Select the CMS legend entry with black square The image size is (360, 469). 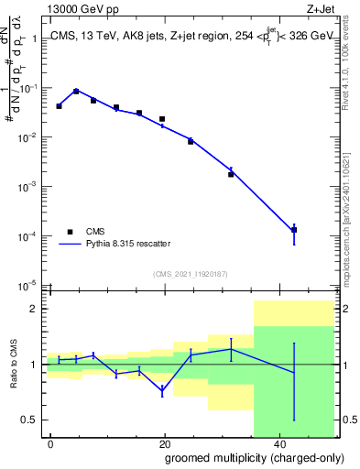(x=71, y=232)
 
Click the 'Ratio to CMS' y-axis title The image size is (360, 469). (x=14, y=365)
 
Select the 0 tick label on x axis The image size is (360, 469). (x=50, y=442)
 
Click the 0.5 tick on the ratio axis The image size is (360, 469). (x=33, y=420)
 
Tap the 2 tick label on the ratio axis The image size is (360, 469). (x=38, y=309)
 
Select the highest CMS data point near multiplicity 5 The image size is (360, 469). (x=76, y=92)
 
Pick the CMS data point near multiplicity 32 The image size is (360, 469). (x=231, y=174)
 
